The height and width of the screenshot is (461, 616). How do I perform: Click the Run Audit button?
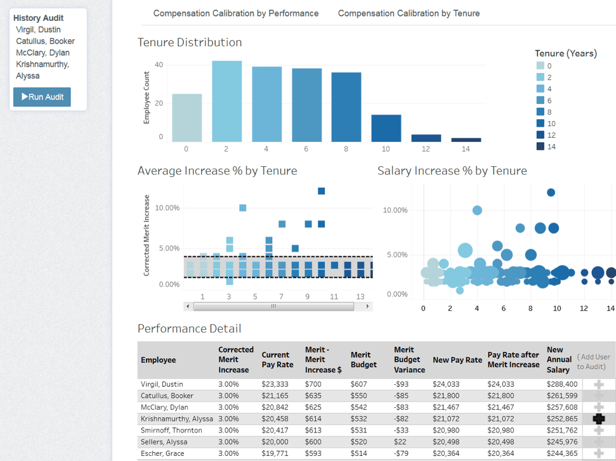[42, 97]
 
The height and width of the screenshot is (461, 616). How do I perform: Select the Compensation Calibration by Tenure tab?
[409, 13]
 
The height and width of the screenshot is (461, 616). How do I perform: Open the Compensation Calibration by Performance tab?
[236, 13]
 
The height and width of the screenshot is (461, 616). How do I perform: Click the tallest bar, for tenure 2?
[226, 101]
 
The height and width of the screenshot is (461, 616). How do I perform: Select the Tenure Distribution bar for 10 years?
[386, 128]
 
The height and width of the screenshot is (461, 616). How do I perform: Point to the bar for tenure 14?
[466, 140]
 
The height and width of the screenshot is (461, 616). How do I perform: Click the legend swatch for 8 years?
[540, 112]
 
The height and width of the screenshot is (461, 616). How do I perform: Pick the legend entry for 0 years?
[540, 66]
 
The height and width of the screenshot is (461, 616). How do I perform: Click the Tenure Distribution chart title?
[190, 42]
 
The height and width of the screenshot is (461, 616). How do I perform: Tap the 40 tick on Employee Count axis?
[159, 65]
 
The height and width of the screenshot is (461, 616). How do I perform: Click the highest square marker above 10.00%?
[321, 191]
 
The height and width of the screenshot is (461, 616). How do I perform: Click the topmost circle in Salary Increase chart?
[551, 192]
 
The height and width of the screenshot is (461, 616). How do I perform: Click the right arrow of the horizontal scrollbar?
[367, 306]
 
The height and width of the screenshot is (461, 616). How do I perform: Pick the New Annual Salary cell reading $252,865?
[562, 419]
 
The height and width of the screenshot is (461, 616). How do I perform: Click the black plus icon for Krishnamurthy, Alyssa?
[598, 419]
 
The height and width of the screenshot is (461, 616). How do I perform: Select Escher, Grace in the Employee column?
[162, 453]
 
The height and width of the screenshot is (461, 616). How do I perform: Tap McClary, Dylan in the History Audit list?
[43, 53]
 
